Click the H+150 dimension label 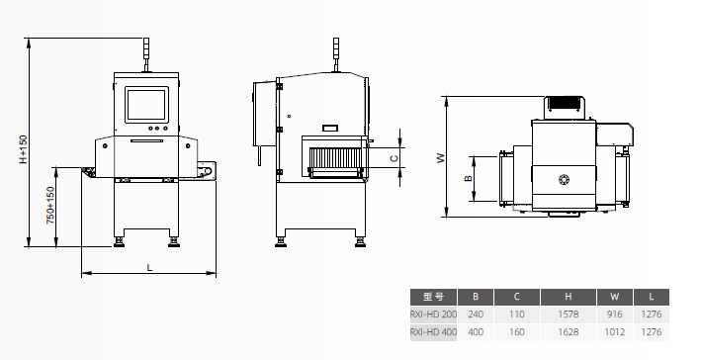click(24, 149)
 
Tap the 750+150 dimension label click(50, 205)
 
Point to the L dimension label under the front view click(149, 267)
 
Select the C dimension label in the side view click(394, 158)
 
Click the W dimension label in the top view click(441, 158)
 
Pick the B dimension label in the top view click(468, 178)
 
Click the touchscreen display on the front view click(146, 105)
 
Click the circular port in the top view click(565, 180)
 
